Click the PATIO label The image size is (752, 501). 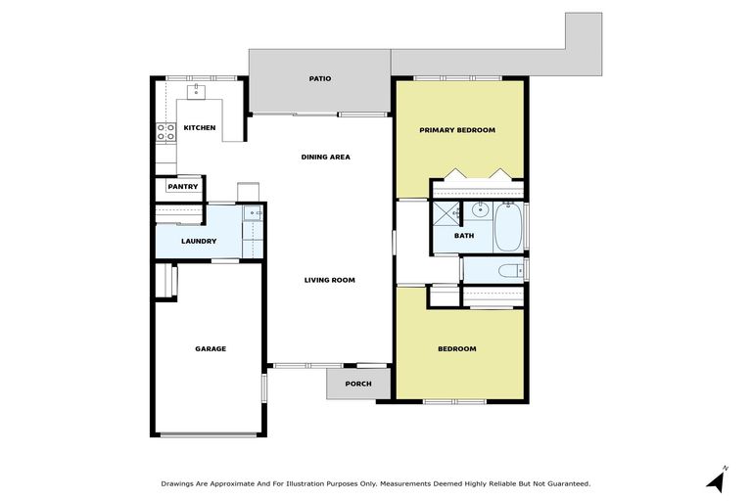(x=319, y=78)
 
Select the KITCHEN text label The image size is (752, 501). (x=200, y=128)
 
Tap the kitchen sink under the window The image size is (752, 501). (x=196, y=91)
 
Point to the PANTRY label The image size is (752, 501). (x=182, y=187)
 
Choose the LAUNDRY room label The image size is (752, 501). (x=199, y=242)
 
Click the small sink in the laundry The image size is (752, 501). (x=252, y=212)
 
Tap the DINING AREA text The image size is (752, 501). (x=325, y=157)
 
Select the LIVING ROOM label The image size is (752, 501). (x=329, y=280)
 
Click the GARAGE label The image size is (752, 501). (x=210, y=348)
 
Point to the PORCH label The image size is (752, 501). (x=358, y=383)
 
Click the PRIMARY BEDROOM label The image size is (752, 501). (x=457, y=130)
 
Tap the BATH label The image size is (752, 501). (x=464, y=236)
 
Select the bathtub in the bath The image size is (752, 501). (x=509, y=226)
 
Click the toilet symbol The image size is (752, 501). (x=506, y=269)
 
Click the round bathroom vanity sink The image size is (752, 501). (x=480, y=210)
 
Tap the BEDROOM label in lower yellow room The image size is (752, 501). (x=456, y=349)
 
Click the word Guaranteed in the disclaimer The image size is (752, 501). (x=564, y=483)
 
